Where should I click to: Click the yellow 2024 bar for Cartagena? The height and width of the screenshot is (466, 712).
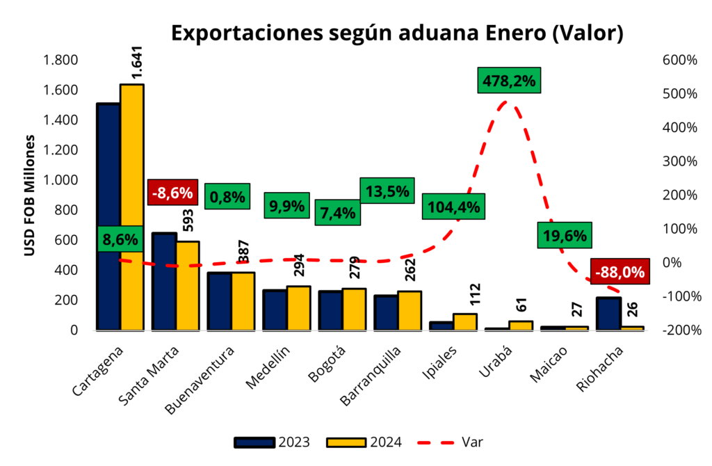click(132, 209)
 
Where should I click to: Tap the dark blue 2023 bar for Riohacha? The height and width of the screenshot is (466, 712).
click(609, 314)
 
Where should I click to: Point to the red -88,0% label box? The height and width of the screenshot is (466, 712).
click(617, 272)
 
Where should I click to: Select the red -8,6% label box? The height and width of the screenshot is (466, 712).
click(174, 191)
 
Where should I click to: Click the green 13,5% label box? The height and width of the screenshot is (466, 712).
click(387, 191)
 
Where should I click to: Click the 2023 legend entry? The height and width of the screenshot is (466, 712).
click(272, 442)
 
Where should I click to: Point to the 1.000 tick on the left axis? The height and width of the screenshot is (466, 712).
click(61, 180)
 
